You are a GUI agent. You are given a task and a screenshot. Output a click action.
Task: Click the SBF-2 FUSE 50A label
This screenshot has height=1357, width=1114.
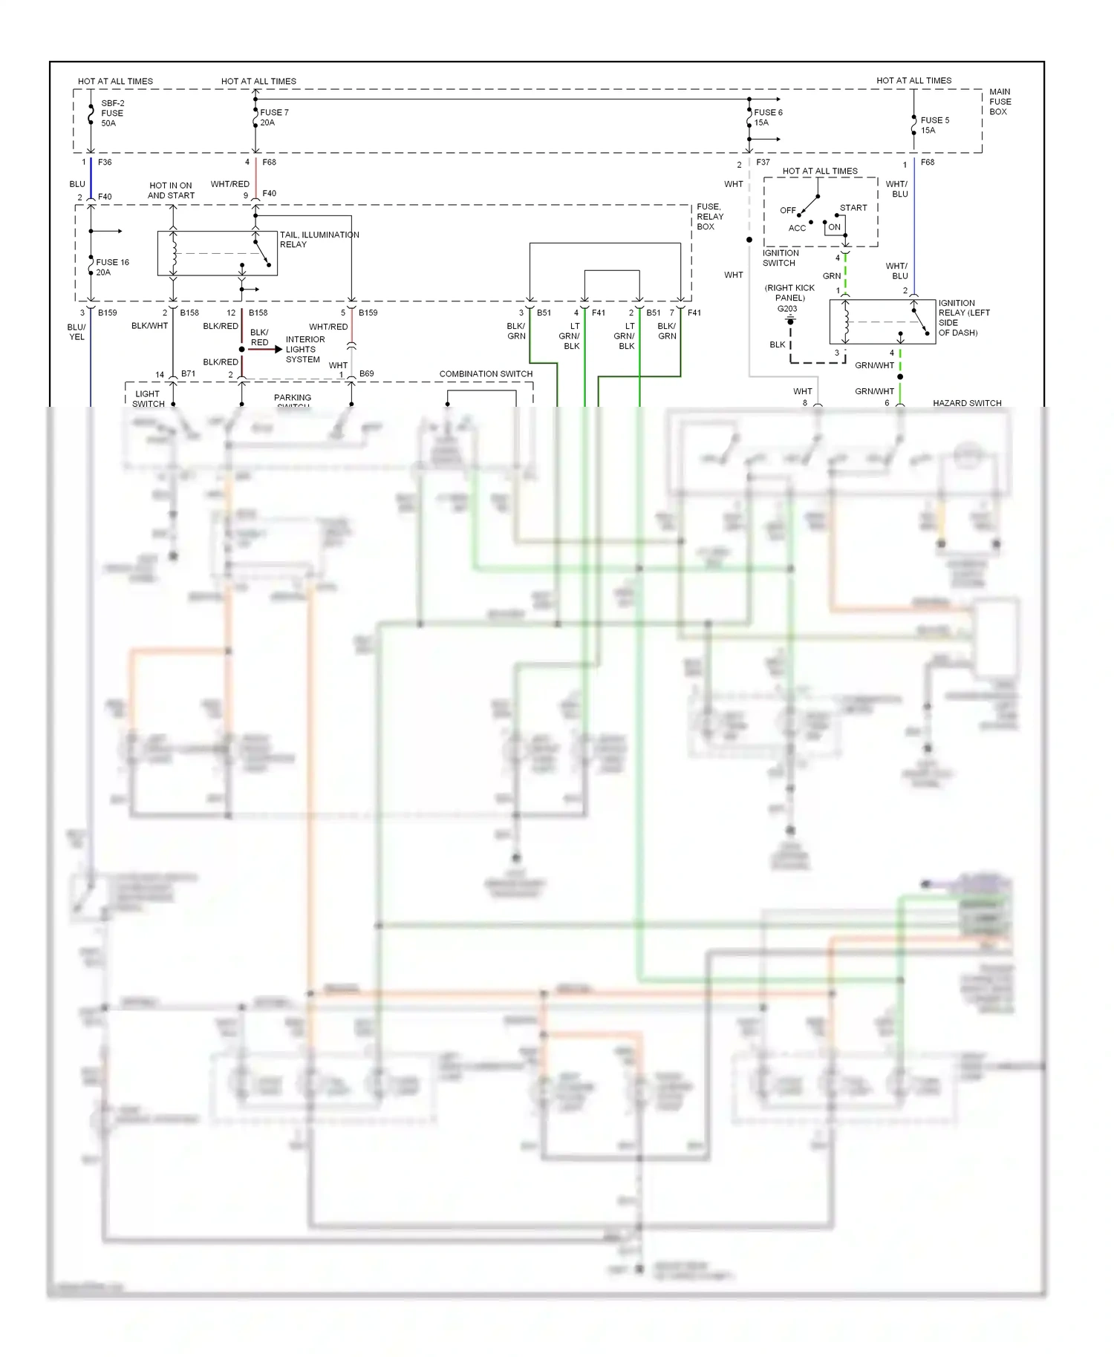[x=112, y=114]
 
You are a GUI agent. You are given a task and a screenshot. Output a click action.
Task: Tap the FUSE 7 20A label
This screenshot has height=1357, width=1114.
[x=273, y=117]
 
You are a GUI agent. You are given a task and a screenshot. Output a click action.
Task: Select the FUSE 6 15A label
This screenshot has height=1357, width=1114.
[x=767, y=117]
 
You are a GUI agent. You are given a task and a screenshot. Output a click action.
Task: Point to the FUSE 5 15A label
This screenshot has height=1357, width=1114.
[x=934, y=125]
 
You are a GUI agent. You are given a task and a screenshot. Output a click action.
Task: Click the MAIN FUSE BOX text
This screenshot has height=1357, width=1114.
[x=1000, y=102]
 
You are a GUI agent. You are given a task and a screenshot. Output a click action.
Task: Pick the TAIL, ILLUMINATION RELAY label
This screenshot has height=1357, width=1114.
[x=319, y=239]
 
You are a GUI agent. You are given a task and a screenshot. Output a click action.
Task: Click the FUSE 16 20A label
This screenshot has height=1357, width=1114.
[x=111, y=267]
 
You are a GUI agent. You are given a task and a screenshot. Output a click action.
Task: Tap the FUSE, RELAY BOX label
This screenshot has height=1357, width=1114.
[x=709, y=217]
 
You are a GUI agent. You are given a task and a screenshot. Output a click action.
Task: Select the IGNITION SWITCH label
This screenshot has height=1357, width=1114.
[x=780, y=258]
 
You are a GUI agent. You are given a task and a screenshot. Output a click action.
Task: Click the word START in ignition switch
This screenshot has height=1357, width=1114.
[x=853, y=208]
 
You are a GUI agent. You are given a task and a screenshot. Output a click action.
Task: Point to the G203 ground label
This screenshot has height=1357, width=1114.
[x=786, y=309]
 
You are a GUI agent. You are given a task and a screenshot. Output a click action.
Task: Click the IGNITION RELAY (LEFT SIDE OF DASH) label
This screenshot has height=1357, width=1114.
[x=963, y=318]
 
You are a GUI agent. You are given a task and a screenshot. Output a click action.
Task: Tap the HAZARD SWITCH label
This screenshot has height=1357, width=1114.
[x=966, y=403]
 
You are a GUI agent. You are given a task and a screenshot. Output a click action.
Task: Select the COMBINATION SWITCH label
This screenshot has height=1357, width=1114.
[x=486, y=373]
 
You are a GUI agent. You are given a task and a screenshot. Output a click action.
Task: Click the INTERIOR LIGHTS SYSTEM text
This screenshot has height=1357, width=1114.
[x=304, y=349]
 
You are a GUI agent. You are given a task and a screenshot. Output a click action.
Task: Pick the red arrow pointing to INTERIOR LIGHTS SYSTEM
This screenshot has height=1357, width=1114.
[x=264, y=349]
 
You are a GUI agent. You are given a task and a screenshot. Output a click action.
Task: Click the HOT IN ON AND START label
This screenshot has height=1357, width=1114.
[x=171, y=191]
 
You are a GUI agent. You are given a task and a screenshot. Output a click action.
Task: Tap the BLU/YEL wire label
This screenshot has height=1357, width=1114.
[x=76, y=332]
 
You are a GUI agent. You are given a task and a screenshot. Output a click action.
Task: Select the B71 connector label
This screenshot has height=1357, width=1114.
[x=188, y=373]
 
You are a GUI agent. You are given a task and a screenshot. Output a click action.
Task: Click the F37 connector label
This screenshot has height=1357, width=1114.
[x=763, y=162]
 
